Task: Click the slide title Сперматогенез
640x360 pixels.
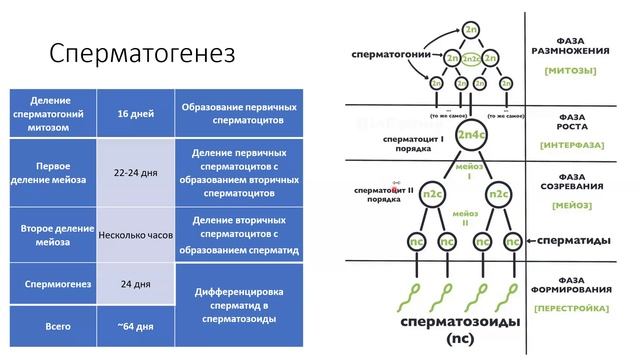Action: tap(142, 53)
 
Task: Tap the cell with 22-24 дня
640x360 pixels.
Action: tap(136, 172)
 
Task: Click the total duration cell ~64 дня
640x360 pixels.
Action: tap(136, 327)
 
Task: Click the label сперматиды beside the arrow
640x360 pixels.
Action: tap(577, 241)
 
